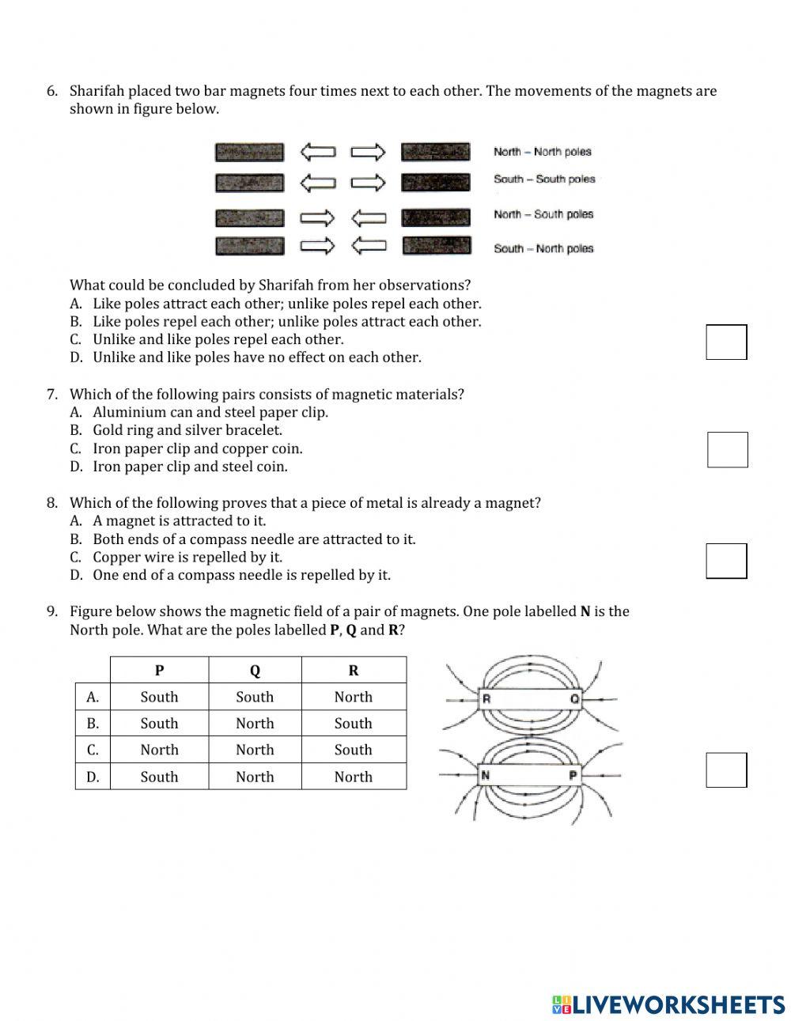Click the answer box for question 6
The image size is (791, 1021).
pos(726,342)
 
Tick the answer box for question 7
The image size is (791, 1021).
pos(727,449)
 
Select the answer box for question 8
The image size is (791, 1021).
pos(726,561)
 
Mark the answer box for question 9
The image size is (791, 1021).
pos(726,770)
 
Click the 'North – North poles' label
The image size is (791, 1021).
pos(543,152)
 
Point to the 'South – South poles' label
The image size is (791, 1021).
pos(544,180)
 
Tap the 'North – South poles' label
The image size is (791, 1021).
pos(543,214)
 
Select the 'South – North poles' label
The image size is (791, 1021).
pos(543,248)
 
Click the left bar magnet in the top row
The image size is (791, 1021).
pos(249,152)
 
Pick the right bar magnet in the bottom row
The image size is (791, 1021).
pos(436,246)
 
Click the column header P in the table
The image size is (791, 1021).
pos(159,671)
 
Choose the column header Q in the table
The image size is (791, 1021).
pos(255,671)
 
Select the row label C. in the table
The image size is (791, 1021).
pos(93,750)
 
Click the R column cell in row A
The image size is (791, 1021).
pos(353,697)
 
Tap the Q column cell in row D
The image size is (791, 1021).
pos(255,777)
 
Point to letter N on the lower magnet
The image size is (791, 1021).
pos(486,776)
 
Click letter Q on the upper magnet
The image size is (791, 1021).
pos(574,699)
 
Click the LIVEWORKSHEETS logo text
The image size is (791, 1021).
pos(677,1004)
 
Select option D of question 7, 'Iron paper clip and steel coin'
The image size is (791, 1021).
pos(190,467)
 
